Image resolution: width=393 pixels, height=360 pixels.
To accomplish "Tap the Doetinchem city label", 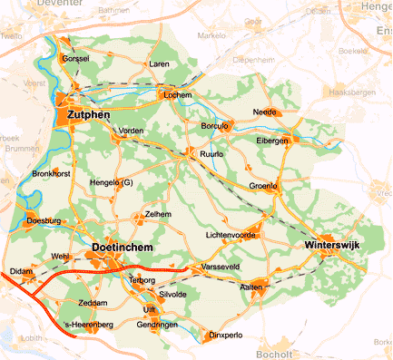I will coord(123,248).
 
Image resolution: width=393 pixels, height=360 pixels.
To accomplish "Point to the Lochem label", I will coord(176,95).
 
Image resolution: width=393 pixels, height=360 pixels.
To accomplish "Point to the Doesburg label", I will coord(44,220).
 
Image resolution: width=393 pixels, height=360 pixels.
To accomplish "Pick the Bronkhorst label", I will coord(51,172).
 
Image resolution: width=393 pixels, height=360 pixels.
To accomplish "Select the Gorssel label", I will coord(76,59).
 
